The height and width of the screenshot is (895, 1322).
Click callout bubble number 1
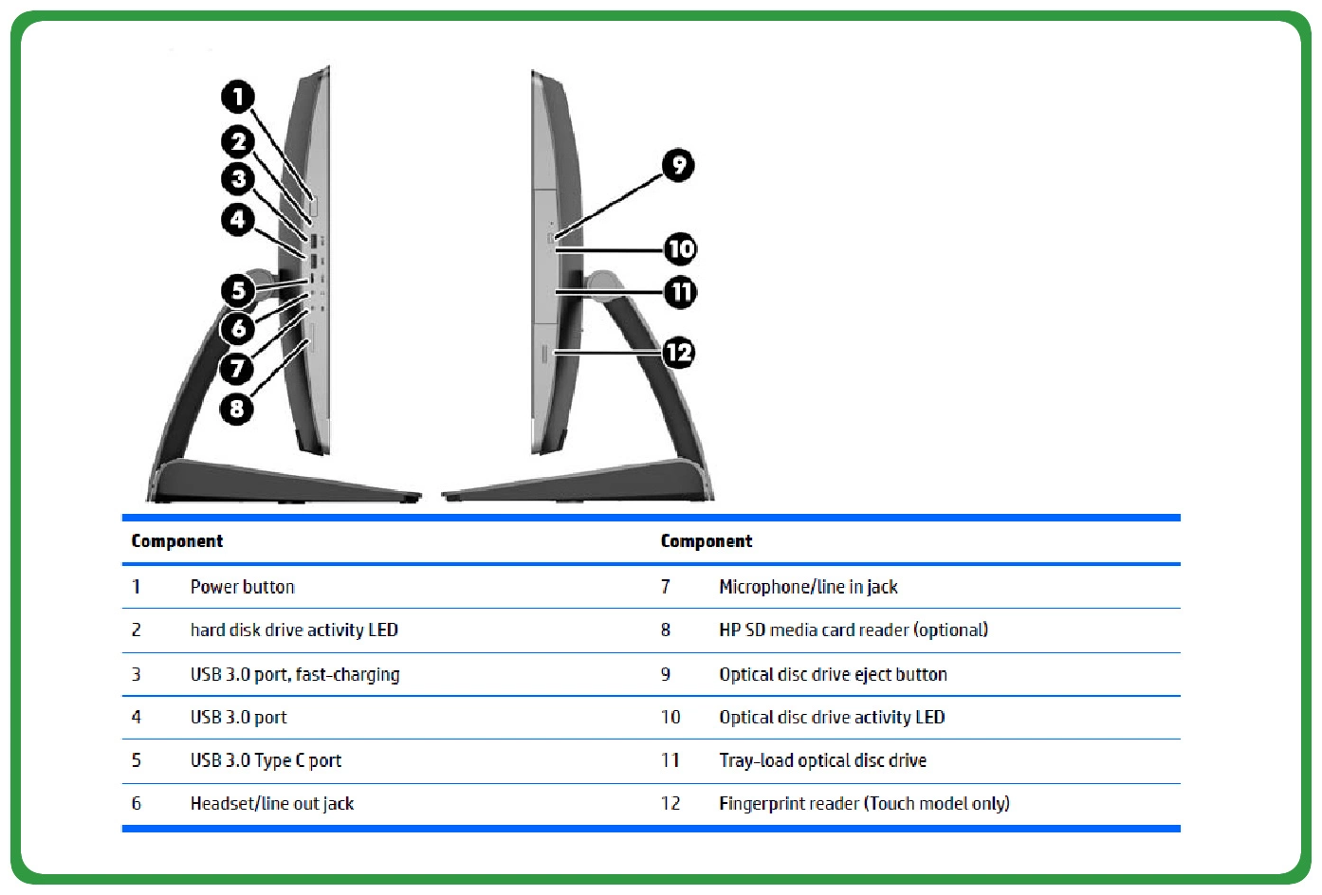[238, 96]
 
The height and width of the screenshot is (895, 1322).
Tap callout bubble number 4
[238, 220]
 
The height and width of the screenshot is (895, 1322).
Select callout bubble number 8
[237, 409]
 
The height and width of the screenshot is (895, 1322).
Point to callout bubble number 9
[678, 166]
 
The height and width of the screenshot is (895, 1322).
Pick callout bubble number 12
[678, 354]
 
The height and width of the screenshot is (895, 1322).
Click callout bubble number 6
[238, 329]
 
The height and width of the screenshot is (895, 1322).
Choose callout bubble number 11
[680, 291]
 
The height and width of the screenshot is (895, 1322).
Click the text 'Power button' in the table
[242, 587]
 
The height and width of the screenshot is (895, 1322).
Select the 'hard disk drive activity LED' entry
[294, 630]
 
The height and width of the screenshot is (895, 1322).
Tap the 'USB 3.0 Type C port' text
[266, 760]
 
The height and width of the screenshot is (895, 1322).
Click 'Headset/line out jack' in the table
[271, 804]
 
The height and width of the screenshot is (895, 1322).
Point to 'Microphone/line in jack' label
[808, 587]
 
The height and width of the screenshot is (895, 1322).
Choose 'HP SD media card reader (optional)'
[854, 630]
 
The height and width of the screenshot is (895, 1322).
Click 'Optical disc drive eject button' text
[833, 674]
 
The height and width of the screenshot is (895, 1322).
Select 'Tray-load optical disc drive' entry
[822, 760]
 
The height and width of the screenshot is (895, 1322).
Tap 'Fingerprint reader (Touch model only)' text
[864, 804]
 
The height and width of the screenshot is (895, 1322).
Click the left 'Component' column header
[177, 541]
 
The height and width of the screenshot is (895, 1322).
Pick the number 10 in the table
[670, 718]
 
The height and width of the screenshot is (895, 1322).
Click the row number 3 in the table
[136, 674]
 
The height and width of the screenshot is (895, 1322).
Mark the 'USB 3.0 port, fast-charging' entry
[295, 674]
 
